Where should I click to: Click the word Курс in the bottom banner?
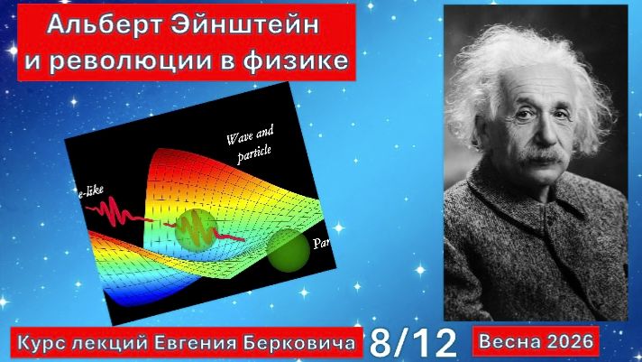(x=45, y=341)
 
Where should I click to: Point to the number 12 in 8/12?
(x=434, y=341)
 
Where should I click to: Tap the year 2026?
(x=570, y=341)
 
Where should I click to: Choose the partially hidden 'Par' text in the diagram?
(x=319, y=244)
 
